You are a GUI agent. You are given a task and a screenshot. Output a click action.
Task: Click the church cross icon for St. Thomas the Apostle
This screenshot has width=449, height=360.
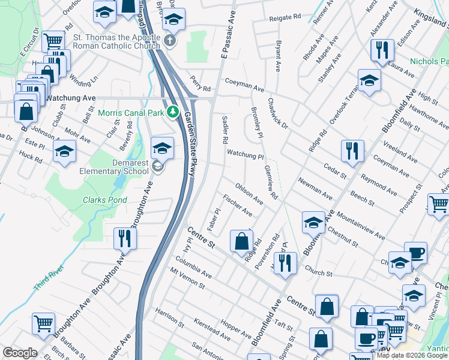(170, 41)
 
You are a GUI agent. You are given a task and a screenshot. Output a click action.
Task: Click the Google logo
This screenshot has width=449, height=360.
(20, 353)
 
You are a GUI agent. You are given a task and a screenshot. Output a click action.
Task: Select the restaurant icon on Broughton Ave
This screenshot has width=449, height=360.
(124, 238)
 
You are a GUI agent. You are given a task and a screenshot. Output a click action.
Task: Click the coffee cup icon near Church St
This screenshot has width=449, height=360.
(415, 253)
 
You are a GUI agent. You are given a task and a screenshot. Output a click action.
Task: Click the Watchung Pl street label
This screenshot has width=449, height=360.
(245, 155)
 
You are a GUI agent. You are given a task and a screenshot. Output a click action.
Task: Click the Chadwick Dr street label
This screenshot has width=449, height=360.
(278, 113)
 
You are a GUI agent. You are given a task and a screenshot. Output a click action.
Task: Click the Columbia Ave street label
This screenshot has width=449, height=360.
(193, 268)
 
